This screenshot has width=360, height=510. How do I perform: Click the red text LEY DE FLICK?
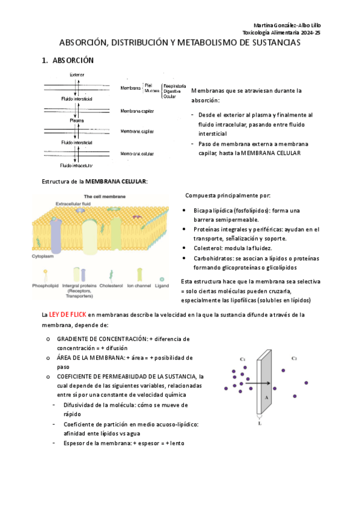(67, 315)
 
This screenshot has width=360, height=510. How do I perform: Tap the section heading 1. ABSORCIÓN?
(67, 60)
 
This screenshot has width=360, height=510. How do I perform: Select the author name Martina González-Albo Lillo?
(287, 25)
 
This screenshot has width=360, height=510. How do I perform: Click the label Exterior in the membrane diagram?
(77, 75)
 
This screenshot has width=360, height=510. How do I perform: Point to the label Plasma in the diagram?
(77, 120)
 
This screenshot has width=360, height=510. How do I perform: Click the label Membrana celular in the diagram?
(137, 154)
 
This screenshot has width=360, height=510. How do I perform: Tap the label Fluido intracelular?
(76, 165)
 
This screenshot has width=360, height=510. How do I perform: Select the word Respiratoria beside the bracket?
(175, 86)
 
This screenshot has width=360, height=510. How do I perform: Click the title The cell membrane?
(105, 197)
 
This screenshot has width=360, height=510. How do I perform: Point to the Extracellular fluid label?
(73, 204)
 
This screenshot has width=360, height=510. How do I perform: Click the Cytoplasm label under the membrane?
(43, 256)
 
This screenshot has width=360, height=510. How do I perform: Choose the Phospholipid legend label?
(45, 286)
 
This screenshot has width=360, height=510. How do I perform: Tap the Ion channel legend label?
(139, 286)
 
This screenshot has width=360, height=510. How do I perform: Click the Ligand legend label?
(162, 286)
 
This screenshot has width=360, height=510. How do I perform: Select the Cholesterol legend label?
(111, 286)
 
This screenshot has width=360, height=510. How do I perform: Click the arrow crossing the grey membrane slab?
(258, 384)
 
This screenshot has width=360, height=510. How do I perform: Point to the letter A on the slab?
(266, 398)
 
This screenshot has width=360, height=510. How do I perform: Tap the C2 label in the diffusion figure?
(294, 358)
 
